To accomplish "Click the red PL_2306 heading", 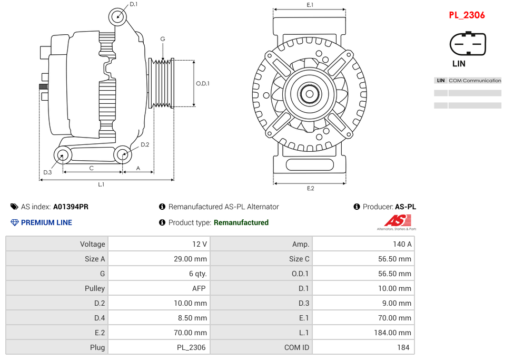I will [x=467, y=15].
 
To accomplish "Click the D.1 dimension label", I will [x=133, y=4].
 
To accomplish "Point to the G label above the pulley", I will [x=163, y=39].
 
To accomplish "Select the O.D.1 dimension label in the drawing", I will [x=203, y=83].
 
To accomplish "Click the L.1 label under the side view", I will [x=101, y=184].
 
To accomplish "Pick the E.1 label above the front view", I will [x=310, y=5].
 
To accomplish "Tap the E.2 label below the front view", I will [x=310, y=189].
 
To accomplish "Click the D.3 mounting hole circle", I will [x=63, y=155].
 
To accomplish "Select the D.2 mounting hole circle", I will [x=123, y=154].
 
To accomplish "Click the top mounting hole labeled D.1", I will [x=118, y=17].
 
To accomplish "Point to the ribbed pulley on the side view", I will [x=162, y=83].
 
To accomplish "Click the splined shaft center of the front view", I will [x=310, y=95].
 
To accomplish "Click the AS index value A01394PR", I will [x=71, y=207].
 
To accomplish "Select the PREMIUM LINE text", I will [x=46, y=222].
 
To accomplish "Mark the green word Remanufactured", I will [x=241, y=222].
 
